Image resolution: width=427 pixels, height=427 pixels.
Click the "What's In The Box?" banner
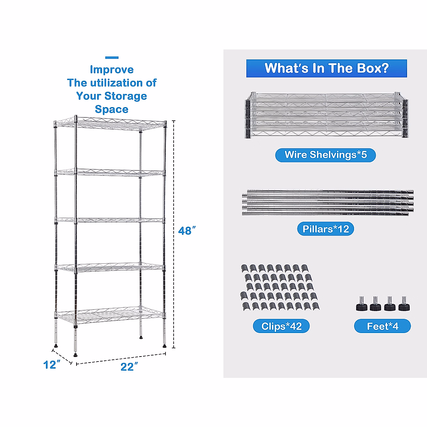coord(326,68)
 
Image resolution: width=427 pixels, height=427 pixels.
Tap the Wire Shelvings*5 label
coord(325,155)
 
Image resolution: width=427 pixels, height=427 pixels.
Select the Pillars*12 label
coord(326,229)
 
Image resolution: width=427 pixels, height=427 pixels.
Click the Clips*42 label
coord(281,326)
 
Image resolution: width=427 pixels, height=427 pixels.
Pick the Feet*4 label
coord(382,326)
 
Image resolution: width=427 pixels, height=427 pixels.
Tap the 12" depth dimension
coord(52,365)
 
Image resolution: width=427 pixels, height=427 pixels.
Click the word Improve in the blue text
coord(112,70)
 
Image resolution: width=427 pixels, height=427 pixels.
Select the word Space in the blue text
coord(111,109)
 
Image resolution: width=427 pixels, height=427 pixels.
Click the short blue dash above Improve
coord(112,58)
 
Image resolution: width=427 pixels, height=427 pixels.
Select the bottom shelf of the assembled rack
coord(110,316)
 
